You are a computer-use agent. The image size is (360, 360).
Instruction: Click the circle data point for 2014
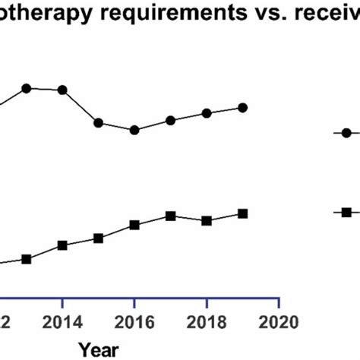click(62, 90)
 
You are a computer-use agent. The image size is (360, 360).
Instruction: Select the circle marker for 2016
click(134, 130)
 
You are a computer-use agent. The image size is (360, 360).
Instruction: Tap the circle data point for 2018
click(207, 113)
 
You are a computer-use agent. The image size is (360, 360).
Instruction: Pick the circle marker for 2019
click(242, 107)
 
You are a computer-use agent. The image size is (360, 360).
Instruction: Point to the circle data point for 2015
click(99, 122)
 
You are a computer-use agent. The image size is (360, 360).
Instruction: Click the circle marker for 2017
click(171, 120)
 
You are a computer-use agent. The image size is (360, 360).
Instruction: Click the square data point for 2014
click(62, 245)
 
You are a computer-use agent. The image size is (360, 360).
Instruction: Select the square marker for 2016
click(134, 225)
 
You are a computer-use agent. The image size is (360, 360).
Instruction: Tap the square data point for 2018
click(207, 220)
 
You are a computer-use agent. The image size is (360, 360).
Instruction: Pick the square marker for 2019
click(242, 213)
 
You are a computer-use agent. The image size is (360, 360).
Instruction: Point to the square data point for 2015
click(99, 238)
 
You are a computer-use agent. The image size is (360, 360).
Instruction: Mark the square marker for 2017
click(171, 216)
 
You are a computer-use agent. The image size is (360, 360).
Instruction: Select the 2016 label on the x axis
click(134, 321)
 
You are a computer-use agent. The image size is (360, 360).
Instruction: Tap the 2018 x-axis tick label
click(207, 321)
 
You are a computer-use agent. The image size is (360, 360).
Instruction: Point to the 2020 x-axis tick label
click(279, 321)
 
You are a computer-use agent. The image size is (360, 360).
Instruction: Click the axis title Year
click(98, 349)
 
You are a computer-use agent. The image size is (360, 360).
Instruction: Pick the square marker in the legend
click(346, 212)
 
